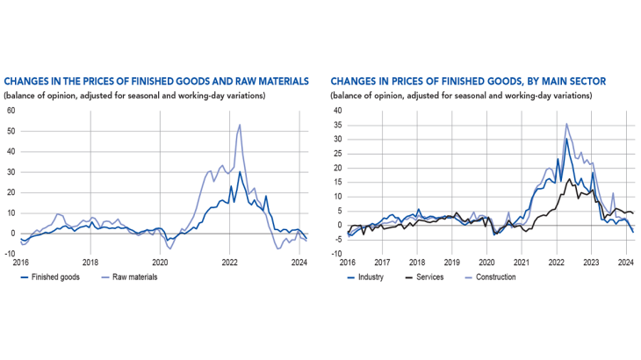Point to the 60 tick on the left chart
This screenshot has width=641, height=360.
[11, 110]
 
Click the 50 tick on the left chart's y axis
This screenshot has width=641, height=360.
[11, 130]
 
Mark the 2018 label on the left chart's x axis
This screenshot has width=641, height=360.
[90, 262]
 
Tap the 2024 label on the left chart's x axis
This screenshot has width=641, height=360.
[299, 262]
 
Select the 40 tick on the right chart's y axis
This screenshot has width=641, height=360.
[336, 111]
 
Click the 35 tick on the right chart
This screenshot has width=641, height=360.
[336, 125]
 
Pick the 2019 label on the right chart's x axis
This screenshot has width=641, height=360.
[451, 262]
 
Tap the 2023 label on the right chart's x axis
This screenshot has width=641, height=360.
[591, 262]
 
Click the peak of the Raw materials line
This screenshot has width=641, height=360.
[240, 124]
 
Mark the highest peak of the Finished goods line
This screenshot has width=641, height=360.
[240, 171]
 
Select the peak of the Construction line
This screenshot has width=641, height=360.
[566, 124]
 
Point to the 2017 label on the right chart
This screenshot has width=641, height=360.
[382, 262]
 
